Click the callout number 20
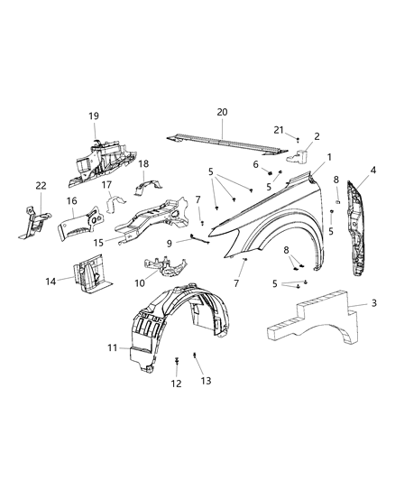pyautogui.click(x=223, y=112)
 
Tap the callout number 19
pyautogui.click(x=94, y=117)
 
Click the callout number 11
pyautogui.click(x=113, y=348)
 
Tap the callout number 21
pyautogui.click(x=278, y=130)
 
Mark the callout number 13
pyautogui.click(x=206, y=381)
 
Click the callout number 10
pyautogui.click(x=140, y=282)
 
